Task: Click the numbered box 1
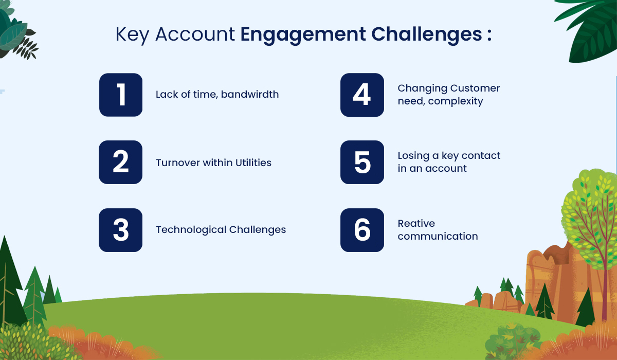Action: [121, 95]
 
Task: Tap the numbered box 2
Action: [121, 162]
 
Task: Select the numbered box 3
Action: [121, 230]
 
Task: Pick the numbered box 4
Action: [362, 95]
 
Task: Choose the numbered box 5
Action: [362, 162]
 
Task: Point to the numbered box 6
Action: [362, 230]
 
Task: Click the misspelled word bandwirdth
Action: [250, 94]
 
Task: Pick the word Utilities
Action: [253, 163]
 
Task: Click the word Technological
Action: [191, 230]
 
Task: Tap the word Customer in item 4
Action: [472, 88]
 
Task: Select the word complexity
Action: [456, 101]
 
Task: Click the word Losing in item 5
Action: [413, 156]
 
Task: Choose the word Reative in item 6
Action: [416, 223]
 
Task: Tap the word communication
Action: [438, 236]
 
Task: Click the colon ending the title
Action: [489, 35]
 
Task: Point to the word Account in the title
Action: [195, 34]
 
